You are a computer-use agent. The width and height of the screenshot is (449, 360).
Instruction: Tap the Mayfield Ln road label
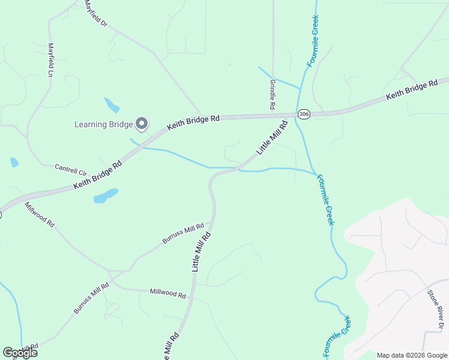coord(51,59)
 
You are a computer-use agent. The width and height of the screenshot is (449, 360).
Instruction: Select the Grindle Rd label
coord(272,94)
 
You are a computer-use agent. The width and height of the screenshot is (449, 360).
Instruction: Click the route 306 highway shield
coord(304,114)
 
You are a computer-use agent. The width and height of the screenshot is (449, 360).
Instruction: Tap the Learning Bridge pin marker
coord(142,124)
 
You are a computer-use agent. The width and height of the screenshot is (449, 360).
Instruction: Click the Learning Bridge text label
coord(103,125)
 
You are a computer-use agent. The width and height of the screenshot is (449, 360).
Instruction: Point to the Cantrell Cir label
coord(71,170)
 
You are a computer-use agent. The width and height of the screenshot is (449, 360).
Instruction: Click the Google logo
coord(20,353)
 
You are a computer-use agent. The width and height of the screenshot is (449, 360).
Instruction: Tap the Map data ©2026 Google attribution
coord(412,355)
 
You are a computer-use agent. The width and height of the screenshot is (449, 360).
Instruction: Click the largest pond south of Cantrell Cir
coord(106,196)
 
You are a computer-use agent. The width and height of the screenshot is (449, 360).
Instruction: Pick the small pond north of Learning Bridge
coord(112,105)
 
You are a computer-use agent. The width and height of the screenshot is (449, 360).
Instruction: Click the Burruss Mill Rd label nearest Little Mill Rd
coord(183,233)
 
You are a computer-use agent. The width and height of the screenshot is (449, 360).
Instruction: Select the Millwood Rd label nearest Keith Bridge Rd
coord(40,214)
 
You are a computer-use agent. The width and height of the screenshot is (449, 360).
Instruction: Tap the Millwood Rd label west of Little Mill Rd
coord(167,293)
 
